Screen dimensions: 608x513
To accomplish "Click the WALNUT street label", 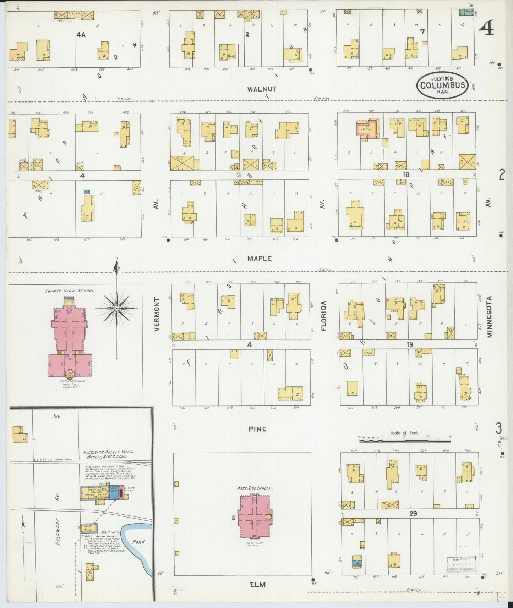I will [262, 89].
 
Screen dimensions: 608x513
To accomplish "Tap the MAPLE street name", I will [260, 259].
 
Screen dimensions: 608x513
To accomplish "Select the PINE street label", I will [257, 429].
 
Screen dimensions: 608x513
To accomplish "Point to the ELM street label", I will [258, 585].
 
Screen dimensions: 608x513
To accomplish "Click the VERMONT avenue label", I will [157, 314].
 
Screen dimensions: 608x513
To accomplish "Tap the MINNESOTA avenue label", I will [490, 316].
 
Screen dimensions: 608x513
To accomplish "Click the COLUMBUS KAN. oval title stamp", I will [442, 85].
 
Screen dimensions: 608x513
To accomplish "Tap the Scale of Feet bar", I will [405, 441].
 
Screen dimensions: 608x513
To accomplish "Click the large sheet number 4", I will [486, 27].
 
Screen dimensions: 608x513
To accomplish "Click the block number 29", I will [413, 513].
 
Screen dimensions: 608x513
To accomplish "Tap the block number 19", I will [410, 344].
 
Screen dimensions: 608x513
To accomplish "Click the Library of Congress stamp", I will [461, 564].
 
